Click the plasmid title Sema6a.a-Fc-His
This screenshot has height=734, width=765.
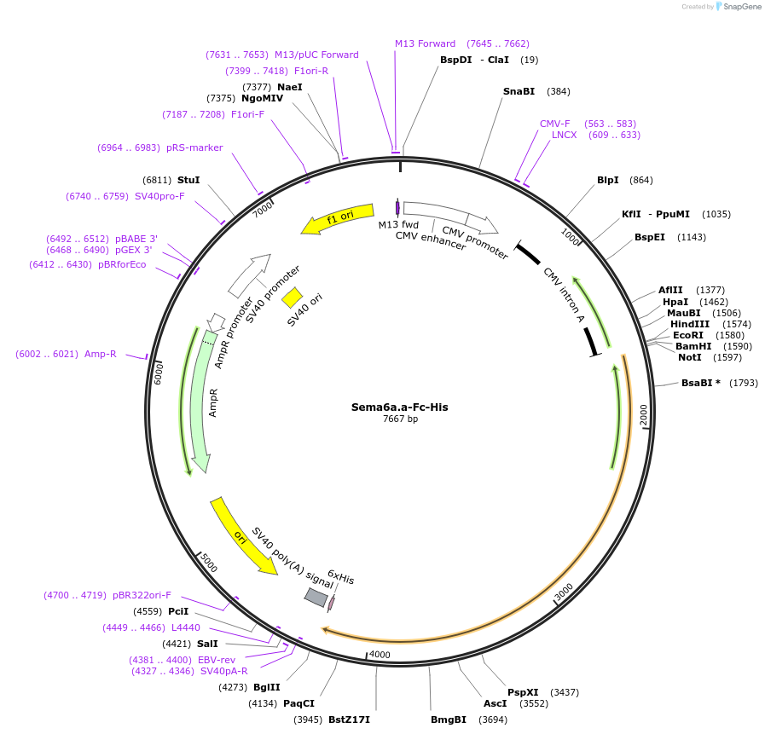coord(399,407)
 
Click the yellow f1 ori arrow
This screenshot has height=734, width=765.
coord(337,219)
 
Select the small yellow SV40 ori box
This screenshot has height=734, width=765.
coord(292,298)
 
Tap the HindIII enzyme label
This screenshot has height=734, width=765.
coord(690,324)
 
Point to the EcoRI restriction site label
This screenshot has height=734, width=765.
coord(688,335)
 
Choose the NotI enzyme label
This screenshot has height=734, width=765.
coord(690,357)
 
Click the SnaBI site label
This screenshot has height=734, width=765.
coord(519,91)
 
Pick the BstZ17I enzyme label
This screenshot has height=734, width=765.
coord(349,720)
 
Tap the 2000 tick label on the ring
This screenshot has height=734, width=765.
coord(644,414)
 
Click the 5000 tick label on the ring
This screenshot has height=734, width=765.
coord(208,563)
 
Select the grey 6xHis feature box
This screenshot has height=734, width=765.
coord(316,598)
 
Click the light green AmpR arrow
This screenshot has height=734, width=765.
coord(202,401)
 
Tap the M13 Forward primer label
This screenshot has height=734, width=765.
coord(425,43)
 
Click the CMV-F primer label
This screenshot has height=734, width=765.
coord(554,124)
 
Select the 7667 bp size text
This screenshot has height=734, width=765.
coord(400,419)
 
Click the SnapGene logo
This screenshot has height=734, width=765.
coord(739,7)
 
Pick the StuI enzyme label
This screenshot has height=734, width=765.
coord(188,180)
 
